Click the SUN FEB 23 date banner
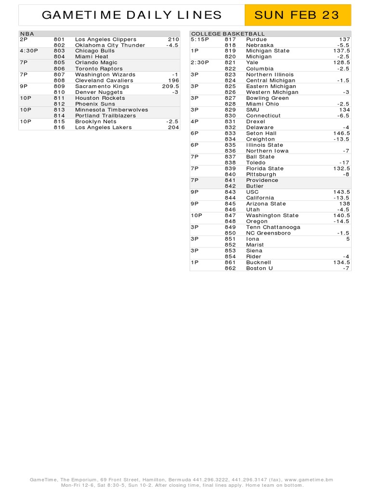pyautogui.click(x=297, y=15)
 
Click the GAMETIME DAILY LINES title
pyautogui.click(x=132, y=15)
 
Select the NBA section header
pyautogui.click(x=27, y=34)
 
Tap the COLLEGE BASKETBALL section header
pyautogui.click(x=221, y=34)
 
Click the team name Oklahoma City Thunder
pyautogui.click(x=110, y=45)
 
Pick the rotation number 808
pyautogui.click(x=59, y=80)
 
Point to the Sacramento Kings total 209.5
pyautogui.click(x=171, y=86)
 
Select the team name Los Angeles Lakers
pyautogui.click(x=103, y=128)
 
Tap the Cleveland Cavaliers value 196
pyautogui.click(x=173, y=80)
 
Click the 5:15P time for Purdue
pyautogui.click(x=199, y=39)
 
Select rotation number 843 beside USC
pyautogui.click(x=230, y=192)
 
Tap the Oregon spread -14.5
pyautogui.click(x=342, y=221)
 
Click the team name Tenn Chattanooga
pyautogui.click(x=273, y=227)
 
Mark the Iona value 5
pyautogui.click(x=348, y=239)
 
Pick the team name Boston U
pyautogui.click(x=259, y=268)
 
